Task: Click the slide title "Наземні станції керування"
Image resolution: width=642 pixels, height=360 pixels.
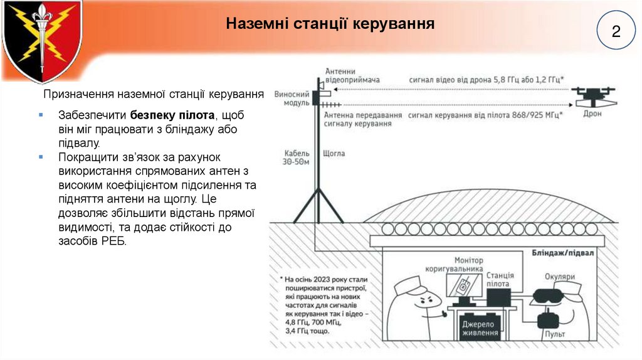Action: (x=330, y=24)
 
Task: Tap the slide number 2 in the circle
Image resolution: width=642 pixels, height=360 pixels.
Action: (x=616, y=31)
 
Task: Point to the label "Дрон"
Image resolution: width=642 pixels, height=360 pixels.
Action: (x=592, y=115)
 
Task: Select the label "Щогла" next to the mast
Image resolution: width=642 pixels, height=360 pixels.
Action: (x=334, y=152)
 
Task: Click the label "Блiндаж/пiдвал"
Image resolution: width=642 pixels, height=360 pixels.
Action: (x=563, y=251)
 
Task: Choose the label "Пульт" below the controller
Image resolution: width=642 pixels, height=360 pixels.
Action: (x=554, y=334)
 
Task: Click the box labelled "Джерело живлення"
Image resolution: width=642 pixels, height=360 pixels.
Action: (x=478, y=328)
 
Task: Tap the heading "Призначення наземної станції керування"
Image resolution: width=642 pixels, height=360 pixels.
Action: (x=153, y=95)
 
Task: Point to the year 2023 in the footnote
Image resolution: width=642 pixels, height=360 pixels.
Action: (x=330, y=280)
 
